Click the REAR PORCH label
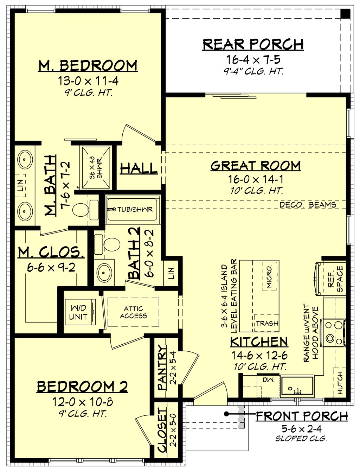(253, 44)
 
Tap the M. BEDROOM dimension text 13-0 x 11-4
(88, 81)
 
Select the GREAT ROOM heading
(256, 166)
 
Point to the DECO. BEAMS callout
(308, 205)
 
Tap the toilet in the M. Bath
(81, 211)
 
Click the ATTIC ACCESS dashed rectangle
(133, 312)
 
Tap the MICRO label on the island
(269, 277)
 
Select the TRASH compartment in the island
(266, 323)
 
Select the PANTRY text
(162, 368)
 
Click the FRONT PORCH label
(302, 416)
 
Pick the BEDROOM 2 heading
(82, 387)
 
